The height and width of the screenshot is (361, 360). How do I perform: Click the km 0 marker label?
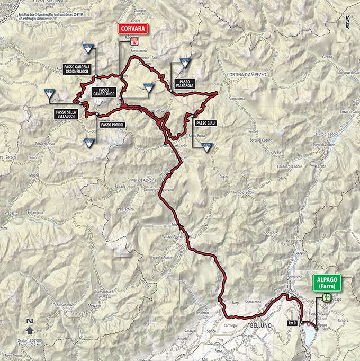click(x=291, y=322)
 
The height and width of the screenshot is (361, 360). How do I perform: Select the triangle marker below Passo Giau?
click(x=207, y=147)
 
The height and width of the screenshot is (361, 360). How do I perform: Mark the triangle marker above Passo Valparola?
click(x=184, y=63)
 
